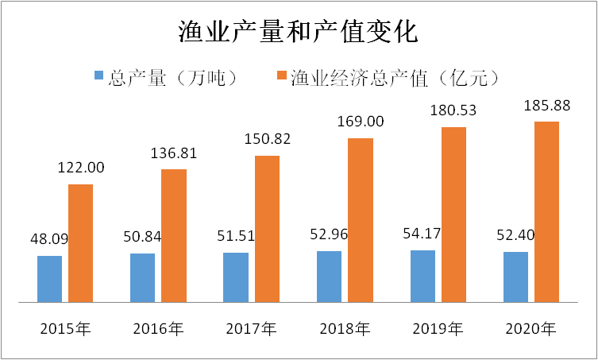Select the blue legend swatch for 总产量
99,76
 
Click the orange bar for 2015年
80,243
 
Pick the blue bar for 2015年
49,279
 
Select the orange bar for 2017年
267,229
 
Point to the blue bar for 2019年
422,277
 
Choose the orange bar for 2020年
546,212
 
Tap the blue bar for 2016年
142,278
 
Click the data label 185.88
546,105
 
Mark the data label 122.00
80,168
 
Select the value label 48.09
49,239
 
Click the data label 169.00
360,122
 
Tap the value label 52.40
515,236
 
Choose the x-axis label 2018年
344,328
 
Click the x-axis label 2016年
158,328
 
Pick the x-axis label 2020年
530,328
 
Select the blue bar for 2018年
329,277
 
